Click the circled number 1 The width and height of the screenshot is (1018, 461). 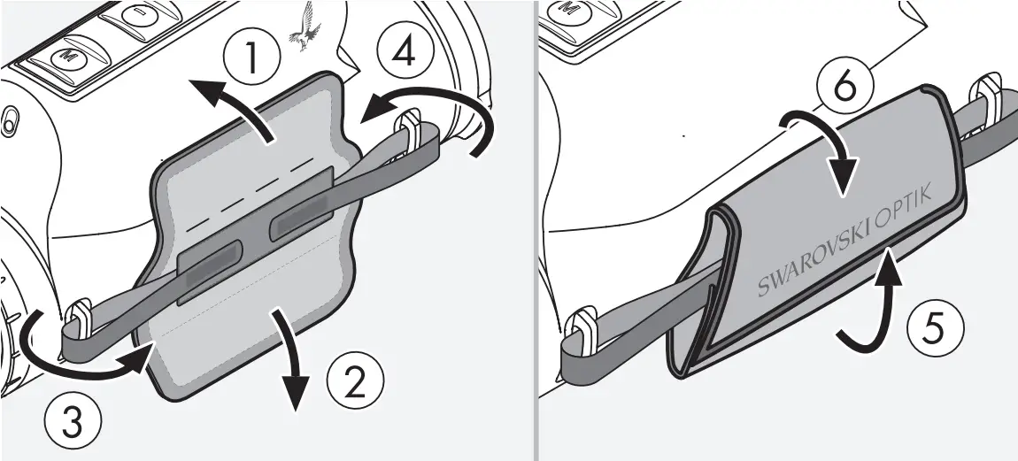click(253, 58)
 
